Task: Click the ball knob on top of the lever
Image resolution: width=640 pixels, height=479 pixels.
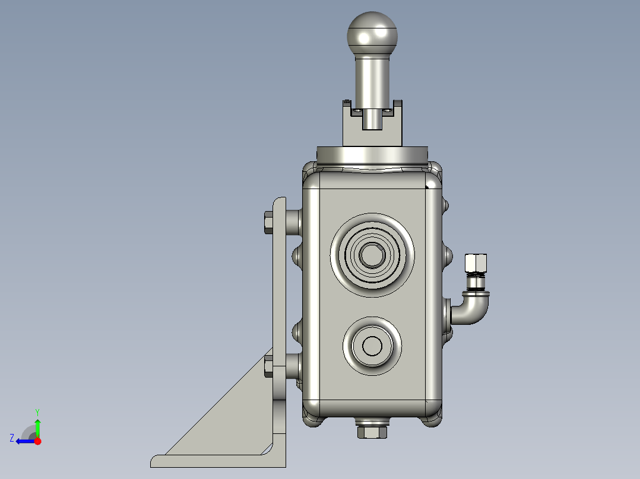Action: click(372, 34)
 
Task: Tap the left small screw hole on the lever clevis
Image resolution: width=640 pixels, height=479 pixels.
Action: click(357, 110)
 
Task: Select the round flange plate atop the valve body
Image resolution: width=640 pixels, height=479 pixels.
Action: click(372, 155)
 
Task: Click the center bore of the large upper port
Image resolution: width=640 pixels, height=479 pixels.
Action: click(372, 254)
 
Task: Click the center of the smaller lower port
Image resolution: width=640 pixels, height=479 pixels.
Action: click(373, 346)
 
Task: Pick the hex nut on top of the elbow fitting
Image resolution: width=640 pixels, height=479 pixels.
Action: click(476, 262)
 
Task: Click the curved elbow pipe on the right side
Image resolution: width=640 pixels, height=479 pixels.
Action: click(474, 308)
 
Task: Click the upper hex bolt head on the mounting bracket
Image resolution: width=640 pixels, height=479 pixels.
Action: click(268, 222)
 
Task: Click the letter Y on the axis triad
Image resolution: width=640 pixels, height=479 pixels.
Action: click(37, 411)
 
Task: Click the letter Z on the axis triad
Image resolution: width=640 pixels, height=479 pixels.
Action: click(12, 438)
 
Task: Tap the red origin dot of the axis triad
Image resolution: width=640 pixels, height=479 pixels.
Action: click(37, 441)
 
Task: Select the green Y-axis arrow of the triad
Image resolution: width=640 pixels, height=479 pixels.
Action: click(37, 427)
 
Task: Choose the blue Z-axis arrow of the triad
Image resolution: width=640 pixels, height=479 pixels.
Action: click(25, 441)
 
